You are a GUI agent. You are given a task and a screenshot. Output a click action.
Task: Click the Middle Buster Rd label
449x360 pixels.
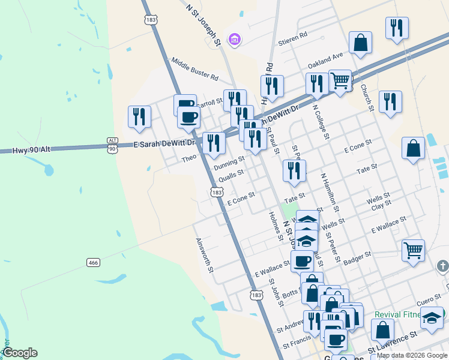pos(194,68)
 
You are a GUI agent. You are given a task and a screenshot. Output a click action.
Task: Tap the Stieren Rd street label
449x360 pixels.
pos(293,35)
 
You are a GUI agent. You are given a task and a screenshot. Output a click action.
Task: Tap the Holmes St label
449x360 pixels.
pos(276,226)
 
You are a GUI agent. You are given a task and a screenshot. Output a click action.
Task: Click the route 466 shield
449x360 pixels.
pos(93,263)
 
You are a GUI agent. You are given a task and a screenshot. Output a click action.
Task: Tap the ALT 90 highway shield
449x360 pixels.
pos(112,145)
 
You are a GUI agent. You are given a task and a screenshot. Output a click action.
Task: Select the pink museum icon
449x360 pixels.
pos(235,40)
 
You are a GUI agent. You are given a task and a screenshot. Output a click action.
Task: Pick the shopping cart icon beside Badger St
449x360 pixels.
pos(413,250)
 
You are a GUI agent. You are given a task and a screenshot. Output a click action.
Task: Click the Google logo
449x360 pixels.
pos(20,352)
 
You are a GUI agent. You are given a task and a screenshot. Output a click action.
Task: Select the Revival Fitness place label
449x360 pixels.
pos(399,314)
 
